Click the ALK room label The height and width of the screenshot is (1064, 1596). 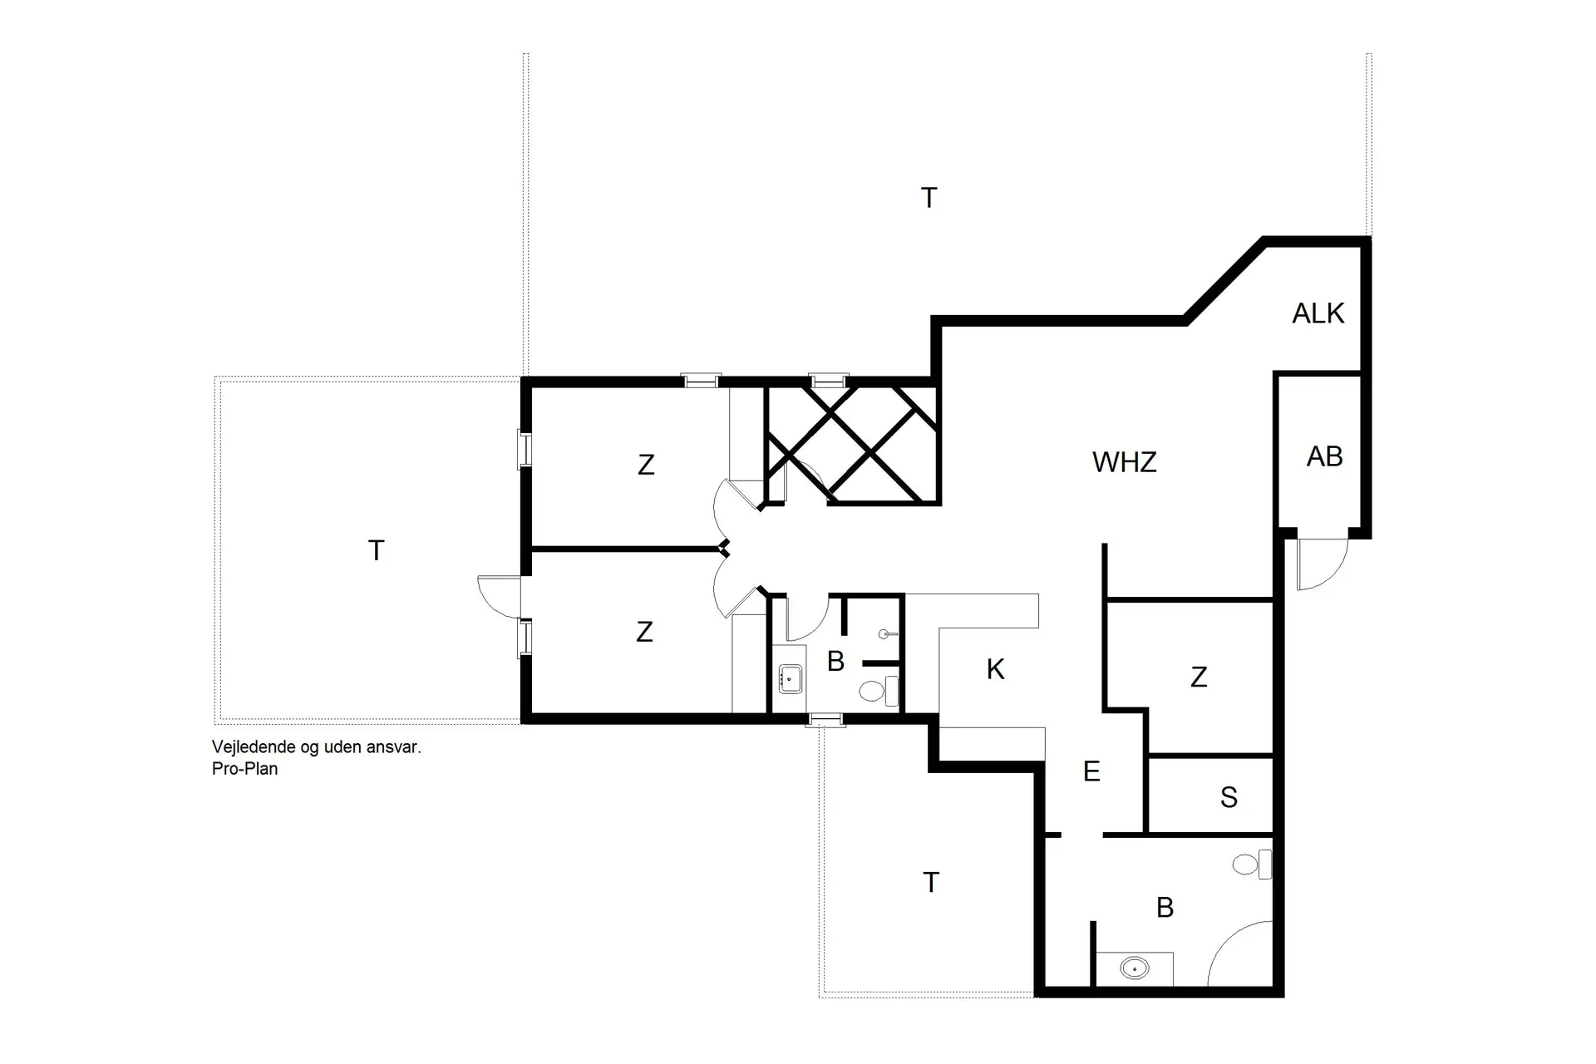coord(1318,313)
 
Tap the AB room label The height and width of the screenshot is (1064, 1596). coord(1324,456)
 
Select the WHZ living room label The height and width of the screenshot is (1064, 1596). coord(1124,462)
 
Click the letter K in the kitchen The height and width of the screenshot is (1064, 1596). coord(995,669)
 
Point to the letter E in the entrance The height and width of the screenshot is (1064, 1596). coord(1091,771)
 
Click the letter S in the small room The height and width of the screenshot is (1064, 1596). coord(1229,798)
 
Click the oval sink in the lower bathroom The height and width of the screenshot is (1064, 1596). coord(1134,968)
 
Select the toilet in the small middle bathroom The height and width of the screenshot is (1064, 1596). coord(877,691)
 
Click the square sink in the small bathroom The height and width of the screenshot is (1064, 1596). coord(790,678)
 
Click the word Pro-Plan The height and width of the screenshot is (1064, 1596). coord(244,769)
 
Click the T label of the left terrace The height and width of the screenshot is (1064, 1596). coord(376,550)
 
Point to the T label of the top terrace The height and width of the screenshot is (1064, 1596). coord(929,198)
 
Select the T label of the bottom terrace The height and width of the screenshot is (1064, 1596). coord(931,882)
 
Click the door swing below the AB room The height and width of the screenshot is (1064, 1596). coord(1320,564)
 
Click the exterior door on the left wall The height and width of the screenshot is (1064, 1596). coord(500,596)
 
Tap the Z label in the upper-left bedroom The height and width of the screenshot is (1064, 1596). coord(646,465)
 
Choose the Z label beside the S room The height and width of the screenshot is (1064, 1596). coord(1198,677)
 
